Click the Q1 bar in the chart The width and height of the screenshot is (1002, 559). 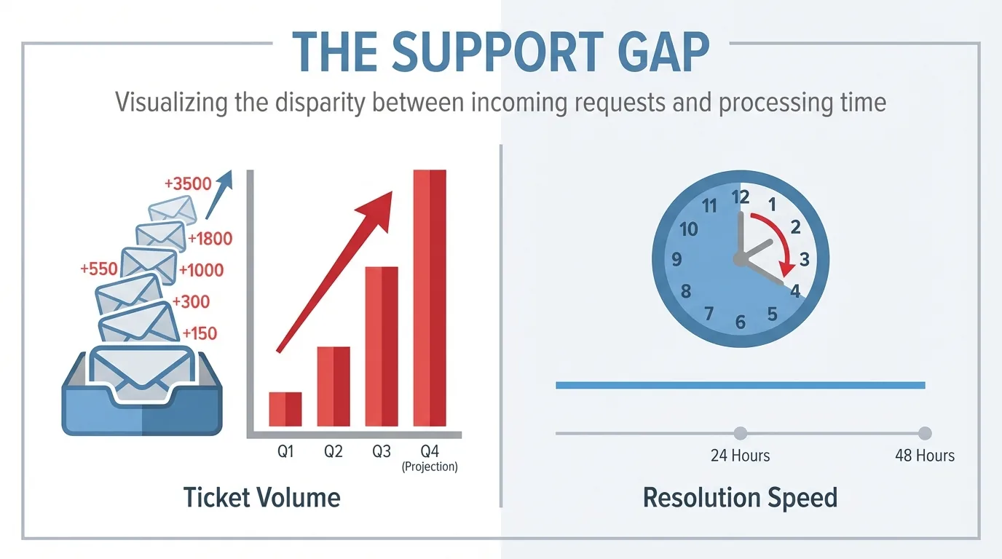coord(285,409)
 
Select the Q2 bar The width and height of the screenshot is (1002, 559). coord(334,386)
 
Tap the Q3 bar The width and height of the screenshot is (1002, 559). coord(382,346)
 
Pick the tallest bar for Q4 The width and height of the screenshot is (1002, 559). coord(430,298)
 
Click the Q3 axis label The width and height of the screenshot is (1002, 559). coord(382,451)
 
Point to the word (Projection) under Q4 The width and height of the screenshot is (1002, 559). coord(430,467)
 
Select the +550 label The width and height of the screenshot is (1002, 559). coord(99,269)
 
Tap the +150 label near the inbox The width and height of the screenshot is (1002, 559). coord(200,333)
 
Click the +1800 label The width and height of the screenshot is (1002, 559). coord(210,238)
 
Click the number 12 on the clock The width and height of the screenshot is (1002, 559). coord(741,197)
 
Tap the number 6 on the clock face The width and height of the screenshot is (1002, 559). coord(741,322)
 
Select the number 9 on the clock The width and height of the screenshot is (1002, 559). coord(677,259)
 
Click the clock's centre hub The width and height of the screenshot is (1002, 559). coord(741,259)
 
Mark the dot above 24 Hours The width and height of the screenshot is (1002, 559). coord(741,433)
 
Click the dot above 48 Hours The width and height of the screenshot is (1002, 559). coord(925,433)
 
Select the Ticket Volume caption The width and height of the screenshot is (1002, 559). coord(261,498)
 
